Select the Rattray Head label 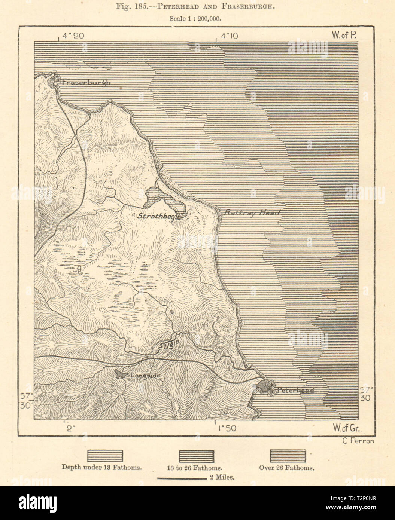click(252, 212)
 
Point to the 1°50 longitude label click(225, 428)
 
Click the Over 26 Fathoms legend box click(288, 456)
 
